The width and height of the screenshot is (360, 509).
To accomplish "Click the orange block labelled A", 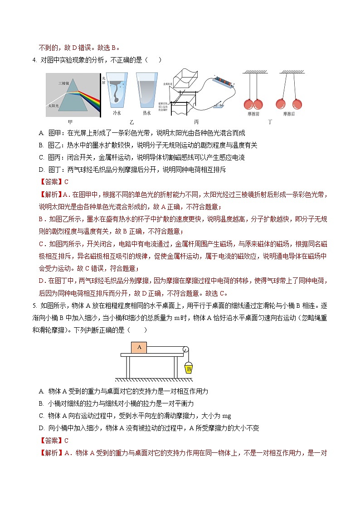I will [x=139, y=347].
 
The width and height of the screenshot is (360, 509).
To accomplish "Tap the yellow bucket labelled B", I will [x=189, y=368].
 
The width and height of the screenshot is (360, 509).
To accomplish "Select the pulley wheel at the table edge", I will [x=184, y=349].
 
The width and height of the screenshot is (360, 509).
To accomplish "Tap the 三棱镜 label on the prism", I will [x=63, y=83].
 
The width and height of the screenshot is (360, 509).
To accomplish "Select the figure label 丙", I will [x=196, y=122].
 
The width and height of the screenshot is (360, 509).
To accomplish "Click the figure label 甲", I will [x=70, y=122].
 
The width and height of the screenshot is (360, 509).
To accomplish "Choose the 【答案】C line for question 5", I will [x=53, y=440].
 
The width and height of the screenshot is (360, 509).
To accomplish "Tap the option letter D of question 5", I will [x=41, y=428].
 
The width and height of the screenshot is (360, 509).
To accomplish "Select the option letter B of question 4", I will [x=41, y=145].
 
